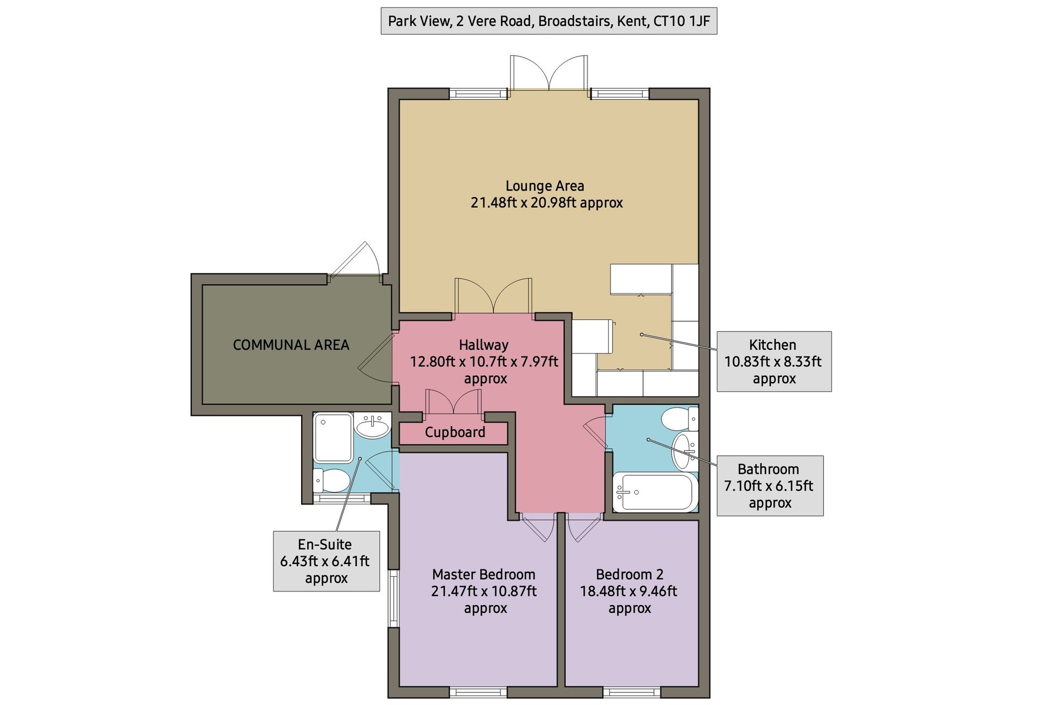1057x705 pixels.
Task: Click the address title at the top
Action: coord(549,21)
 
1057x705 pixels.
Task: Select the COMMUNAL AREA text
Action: coord(291,345)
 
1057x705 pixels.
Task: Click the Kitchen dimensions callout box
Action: coord(773,361)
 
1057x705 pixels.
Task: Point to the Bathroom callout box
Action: coord(770,486)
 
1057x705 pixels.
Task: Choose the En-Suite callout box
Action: coord(326,561)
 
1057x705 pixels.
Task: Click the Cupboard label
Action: coord(455,432)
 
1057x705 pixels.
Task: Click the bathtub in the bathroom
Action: coord(655,492)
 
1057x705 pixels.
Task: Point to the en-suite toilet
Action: coord(331,480)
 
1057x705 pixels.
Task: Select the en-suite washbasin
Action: coord(373,427)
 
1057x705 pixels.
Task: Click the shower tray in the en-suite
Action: coord(333,438)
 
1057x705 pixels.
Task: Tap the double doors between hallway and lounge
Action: coord(493,296)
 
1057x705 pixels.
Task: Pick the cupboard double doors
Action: coord(454,401)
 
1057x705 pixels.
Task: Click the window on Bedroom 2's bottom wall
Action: coord(632,692)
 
